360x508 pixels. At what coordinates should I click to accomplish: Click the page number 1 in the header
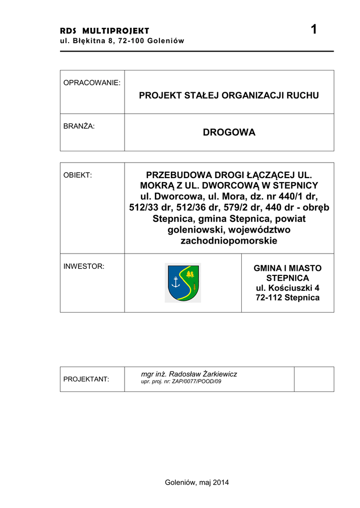pyautogui.click(x=313, y=30)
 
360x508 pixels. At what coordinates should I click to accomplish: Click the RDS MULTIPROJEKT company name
pyautogui.click(x=104, y=31)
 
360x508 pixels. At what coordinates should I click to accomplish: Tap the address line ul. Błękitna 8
pyautogui.click(x=122, y=41)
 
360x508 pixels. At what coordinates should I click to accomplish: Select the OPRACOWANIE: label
pyautogui.click(x=92, y=83)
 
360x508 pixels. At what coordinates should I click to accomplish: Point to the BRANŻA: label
pyautogui.click(x=79, y=126)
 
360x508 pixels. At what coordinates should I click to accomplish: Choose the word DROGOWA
pyautogui.click(x=229, y=132)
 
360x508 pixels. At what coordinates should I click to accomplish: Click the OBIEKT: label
pyautogui.click(x=78, y=175)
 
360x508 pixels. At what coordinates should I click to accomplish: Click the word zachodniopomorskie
pyautogui.click(x=229, y=241)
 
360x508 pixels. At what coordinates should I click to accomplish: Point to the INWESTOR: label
pyautogui.click(x=84, y=266)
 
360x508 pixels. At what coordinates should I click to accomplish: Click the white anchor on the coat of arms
pyautogui.click(x=175, y=282)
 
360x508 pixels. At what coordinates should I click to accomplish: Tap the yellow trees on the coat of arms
pyautogui.click(x=189, y=274)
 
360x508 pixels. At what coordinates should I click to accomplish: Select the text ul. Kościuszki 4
pyautogui.click(x=288, y=288)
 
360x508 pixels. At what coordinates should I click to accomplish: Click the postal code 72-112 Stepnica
pyautogui.click(x=288, y=298)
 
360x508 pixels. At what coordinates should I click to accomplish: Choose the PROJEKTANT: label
pyautogui.click(x=86, y=379)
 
